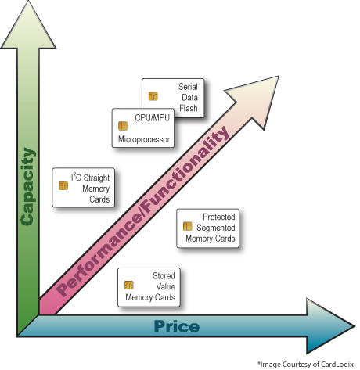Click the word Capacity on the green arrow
coord(27,186)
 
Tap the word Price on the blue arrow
coord(177,326)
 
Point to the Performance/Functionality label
coord(142,211)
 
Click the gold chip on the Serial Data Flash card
coord(153,96)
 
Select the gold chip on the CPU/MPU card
coord(123,126)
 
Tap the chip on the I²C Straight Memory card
coord(63,185)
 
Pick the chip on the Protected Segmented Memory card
coord(188,226)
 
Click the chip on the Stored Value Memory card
coord(128,285)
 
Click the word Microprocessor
coord(144,139)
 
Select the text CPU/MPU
coord(153,118)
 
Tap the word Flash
coord(189,108)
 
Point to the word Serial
coord(188,87)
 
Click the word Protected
coord(219,217)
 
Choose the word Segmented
coord(216,228)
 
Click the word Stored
coord(164,275)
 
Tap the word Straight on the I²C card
coord(96,178)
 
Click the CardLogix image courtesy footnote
coord(305,364)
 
